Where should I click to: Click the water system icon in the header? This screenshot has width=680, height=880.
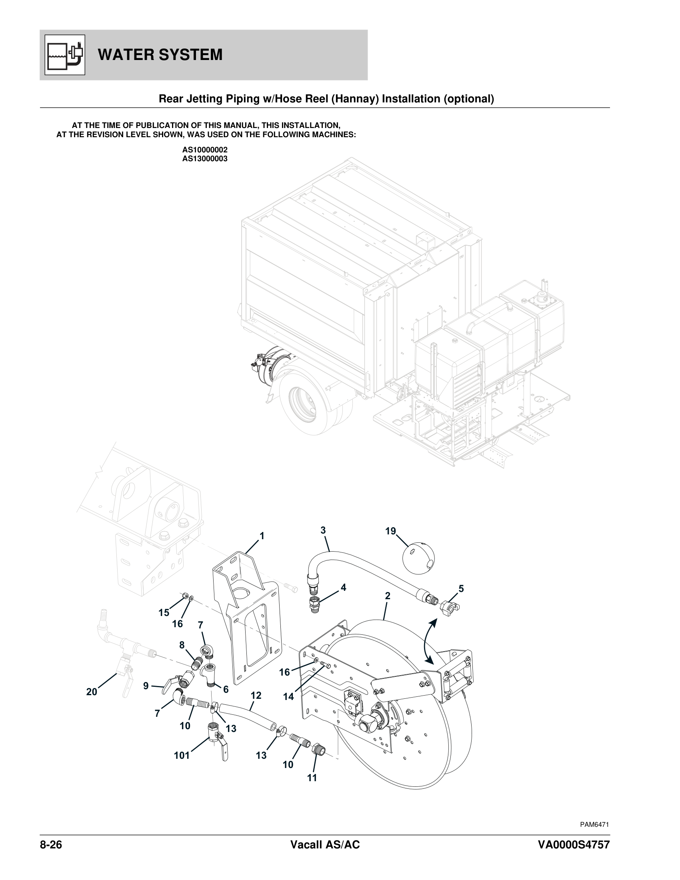click(64, 55)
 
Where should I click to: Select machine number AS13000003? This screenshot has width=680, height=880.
click(205, 159)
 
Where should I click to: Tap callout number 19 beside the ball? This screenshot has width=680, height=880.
click(390, 531)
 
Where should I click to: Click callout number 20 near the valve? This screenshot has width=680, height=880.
click(92, 692)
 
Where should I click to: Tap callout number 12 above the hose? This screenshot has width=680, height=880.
click(256, 696)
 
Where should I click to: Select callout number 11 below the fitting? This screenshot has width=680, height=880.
click(312, 778)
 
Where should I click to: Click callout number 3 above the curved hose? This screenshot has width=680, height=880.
click(323, 530)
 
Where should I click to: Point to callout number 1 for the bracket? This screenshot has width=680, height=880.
click(262, 536)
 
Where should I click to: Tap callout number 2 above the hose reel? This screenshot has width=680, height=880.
click(388, 596)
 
